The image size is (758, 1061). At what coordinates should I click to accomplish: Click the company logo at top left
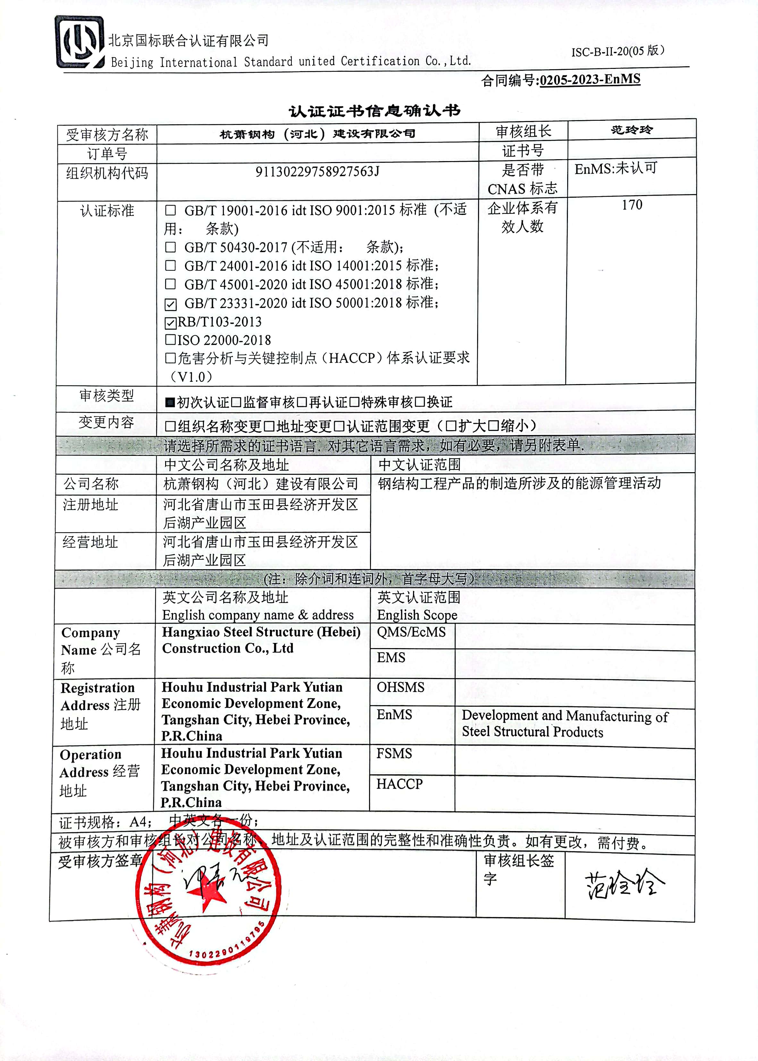click(x=79, y=42)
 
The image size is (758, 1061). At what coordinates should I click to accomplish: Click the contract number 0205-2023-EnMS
click(x=590, y=80)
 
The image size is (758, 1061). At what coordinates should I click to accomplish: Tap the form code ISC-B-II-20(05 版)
click(x=618, y=51)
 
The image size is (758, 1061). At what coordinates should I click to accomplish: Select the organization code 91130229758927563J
click(x=317, y=172)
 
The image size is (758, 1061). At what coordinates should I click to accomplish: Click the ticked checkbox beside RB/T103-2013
click(x=171, y=322)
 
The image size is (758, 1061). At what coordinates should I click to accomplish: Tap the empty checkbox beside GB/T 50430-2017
click(x=171, y=247)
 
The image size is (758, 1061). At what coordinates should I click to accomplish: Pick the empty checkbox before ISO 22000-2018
click(x=170, y=340)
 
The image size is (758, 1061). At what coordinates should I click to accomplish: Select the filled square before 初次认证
click(x=170, y=402)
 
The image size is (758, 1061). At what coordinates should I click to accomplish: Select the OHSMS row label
click(x=400, y=687)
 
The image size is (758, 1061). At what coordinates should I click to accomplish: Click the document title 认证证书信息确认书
click(x=374, y=111)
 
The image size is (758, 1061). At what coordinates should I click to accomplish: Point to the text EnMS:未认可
click(x=616, y=169)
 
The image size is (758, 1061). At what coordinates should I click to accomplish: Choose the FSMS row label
click(x=394, y=754)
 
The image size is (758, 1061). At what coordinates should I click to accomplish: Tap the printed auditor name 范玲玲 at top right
click(x=632, y=130)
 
